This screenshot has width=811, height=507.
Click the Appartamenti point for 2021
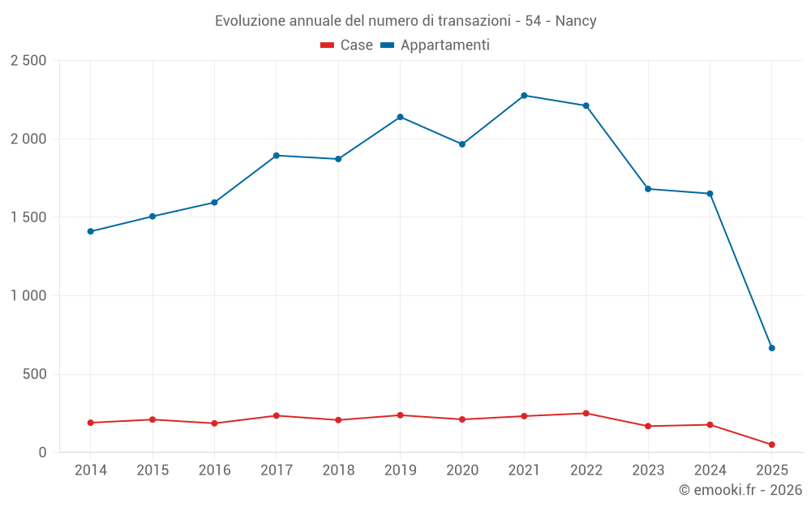[524, 96]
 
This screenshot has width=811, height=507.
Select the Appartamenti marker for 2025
[771, 348]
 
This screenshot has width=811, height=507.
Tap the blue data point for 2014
[91, 231]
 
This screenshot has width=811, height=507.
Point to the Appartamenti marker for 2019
[400, 117]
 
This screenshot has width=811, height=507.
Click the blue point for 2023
[648, 189]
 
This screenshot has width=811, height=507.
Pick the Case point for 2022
[586, 413]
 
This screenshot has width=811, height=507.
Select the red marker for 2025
[771, 445]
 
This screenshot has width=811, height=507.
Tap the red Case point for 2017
[277, 415]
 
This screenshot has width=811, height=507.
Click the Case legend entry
[347, 45]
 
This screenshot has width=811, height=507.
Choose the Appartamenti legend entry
[435, 45]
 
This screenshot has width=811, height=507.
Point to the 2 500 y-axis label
[28, 61]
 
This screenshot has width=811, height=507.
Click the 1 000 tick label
[28, 296]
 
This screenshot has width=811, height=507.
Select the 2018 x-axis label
[338, 470]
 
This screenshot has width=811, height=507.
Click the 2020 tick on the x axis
[462, 470]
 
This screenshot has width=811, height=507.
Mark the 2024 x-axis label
[710, 470]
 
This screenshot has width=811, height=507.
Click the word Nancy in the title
[576, 21]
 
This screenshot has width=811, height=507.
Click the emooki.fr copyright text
[740, 490]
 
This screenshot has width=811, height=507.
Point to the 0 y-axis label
[42, 453]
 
